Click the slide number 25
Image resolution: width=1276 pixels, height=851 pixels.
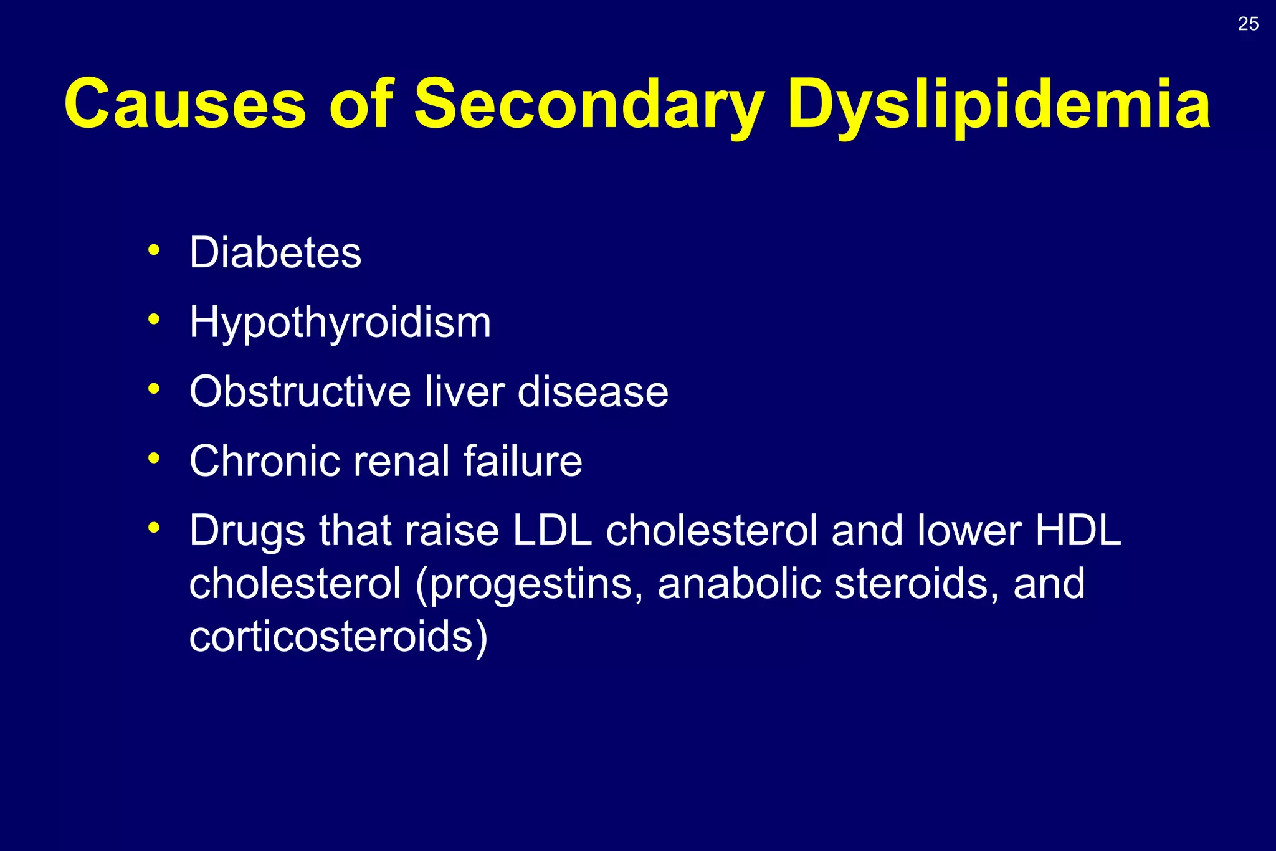(1248, 24)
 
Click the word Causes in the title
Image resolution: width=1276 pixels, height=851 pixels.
(185, 103)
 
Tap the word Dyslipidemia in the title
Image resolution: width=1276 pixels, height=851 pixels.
(998, 105)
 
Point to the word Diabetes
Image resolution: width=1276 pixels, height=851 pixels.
(275, 253)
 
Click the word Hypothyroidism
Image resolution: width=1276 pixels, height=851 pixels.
(340, 323)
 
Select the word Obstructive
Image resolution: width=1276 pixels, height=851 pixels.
(300, 392)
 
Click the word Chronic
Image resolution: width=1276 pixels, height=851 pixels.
(264, 461)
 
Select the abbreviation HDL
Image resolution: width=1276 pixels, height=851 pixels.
(1078, 531)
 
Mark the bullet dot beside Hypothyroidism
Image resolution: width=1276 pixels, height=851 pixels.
(154, 320)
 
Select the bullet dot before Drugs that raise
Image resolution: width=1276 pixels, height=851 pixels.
(154, 528)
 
